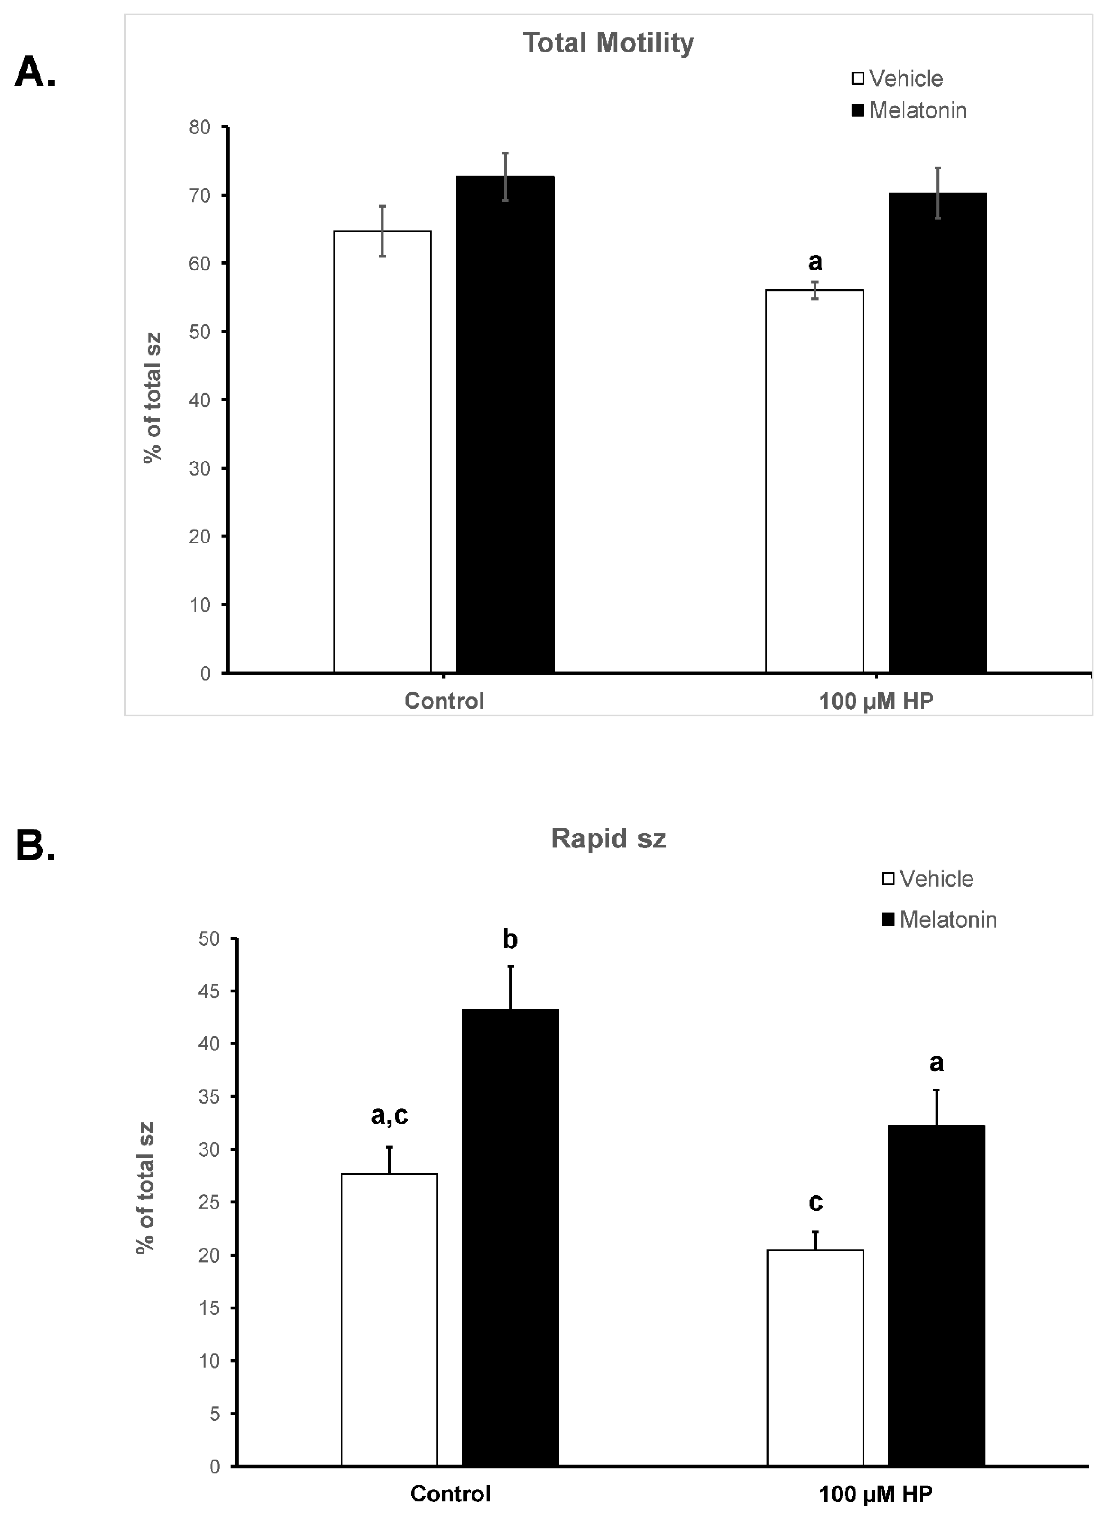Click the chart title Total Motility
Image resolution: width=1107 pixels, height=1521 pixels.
[608, 43]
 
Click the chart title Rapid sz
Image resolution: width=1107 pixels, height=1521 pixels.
[608, 838]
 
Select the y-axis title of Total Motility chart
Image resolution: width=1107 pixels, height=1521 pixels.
[152, 398]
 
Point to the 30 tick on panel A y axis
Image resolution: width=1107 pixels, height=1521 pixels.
[200, 468]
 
